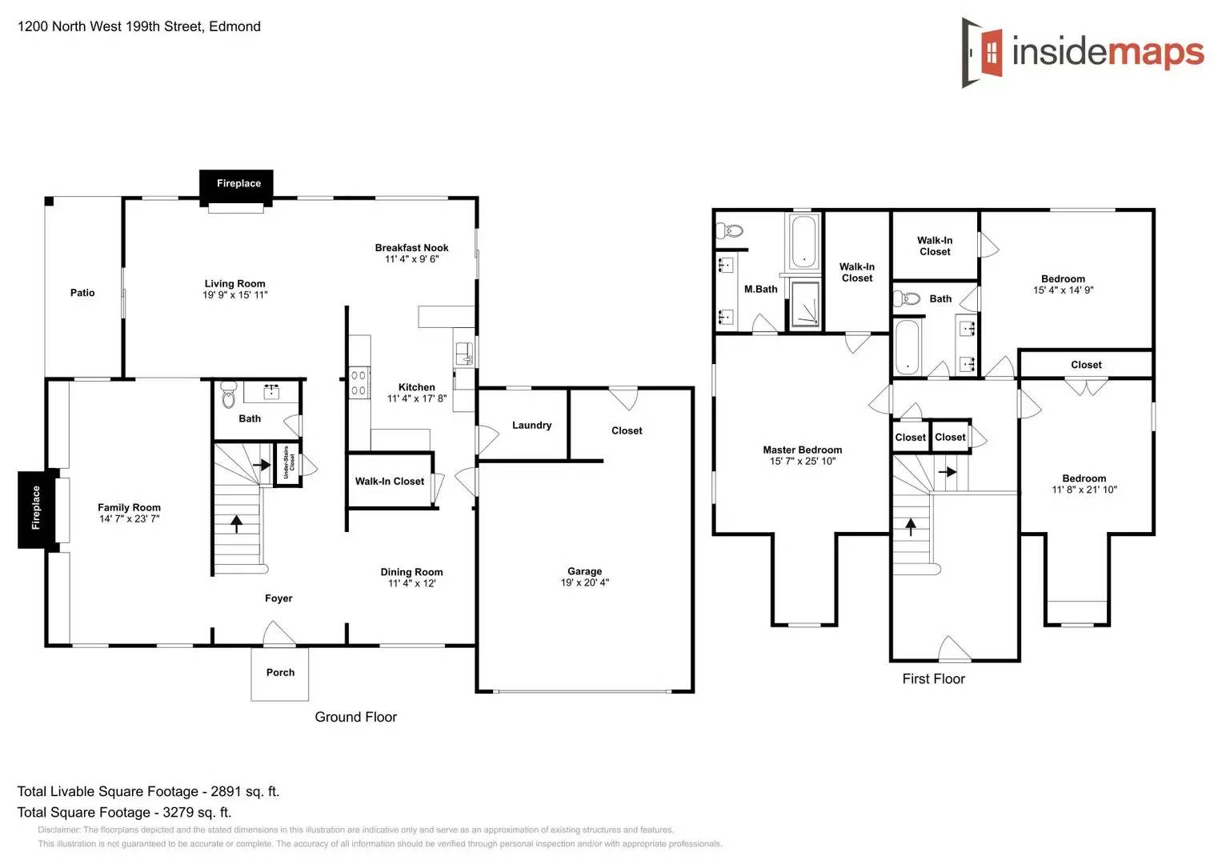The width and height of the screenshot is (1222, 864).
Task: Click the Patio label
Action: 82,293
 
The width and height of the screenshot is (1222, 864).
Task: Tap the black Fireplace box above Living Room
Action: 237,184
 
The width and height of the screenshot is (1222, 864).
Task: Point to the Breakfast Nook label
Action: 411,248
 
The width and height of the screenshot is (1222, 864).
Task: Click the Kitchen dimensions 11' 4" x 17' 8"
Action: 417,398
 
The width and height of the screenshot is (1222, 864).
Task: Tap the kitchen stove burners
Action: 359,382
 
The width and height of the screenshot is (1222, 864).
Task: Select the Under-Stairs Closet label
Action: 289,463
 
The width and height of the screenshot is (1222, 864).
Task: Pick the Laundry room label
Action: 531,426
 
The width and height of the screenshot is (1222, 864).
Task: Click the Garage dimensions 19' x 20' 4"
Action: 584,582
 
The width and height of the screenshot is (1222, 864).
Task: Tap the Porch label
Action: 280,673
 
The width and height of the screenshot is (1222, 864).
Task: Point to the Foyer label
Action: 278,598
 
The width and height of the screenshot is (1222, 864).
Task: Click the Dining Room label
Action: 411,572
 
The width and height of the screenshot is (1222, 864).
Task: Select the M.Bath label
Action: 760,290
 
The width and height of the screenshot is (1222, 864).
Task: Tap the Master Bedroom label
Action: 802,450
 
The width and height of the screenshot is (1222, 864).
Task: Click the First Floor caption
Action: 933,679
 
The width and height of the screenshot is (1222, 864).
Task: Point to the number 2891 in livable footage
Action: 226,792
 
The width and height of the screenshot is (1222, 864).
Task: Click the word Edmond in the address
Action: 234,26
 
